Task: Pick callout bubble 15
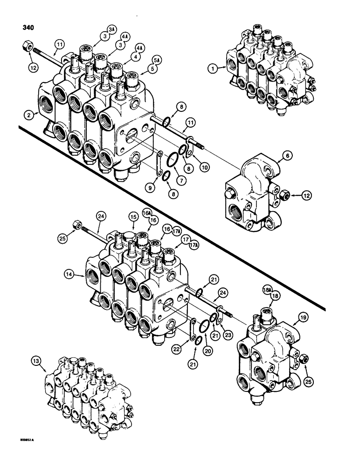(x=133, y=218)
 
